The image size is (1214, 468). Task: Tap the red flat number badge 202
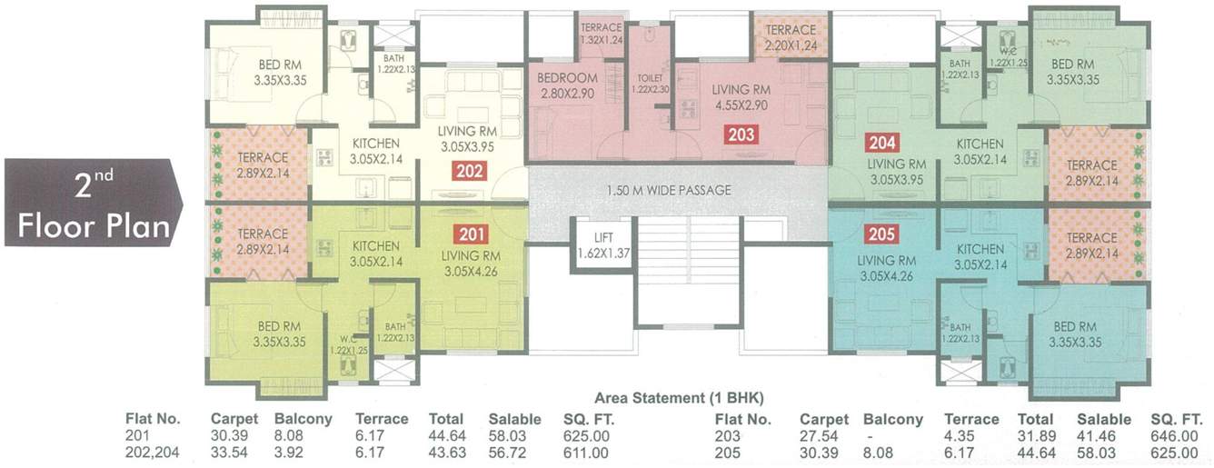472,170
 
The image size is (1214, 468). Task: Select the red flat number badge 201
472,232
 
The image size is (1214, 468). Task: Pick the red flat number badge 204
880,143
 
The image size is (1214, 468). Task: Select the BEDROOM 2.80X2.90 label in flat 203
567,85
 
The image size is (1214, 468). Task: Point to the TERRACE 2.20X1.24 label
790,36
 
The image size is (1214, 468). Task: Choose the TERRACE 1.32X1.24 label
601,35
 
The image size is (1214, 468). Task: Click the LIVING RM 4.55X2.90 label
741,97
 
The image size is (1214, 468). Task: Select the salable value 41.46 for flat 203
1104,436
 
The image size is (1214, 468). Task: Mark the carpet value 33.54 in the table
228,452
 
